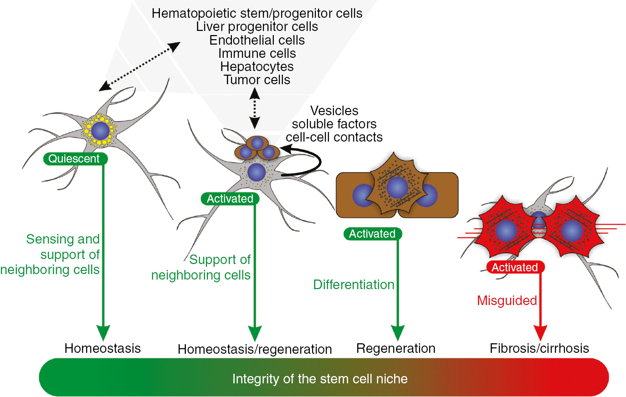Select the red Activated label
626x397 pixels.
tap(515, 267)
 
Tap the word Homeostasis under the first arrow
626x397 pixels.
tap(103, 348)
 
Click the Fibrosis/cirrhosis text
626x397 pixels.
tap(539, 348)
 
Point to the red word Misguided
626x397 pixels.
tap(507, 300)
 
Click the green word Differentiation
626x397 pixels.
tap(354, 285)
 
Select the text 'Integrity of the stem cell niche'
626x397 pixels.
tap(320, 379)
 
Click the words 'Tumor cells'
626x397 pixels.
tap(257, 80)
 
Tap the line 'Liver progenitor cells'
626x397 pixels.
tap(257, 27)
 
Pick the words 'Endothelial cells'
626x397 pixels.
tap(257, 40)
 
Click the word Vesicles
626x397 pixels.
tap(334, 111)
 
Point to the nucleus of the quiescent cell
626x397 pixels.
tap(100, 131)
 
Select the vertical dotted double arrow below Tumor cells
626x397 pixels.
tap(254, 108)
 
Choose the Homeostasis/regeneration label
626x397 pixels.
tap(255, 349)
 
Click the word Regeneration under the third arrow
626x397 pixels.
tap(395, 348)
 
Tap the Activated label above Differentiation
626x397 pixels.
tap(372, 234)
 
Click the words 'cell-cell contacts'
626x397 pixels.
tap(334, 137)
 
